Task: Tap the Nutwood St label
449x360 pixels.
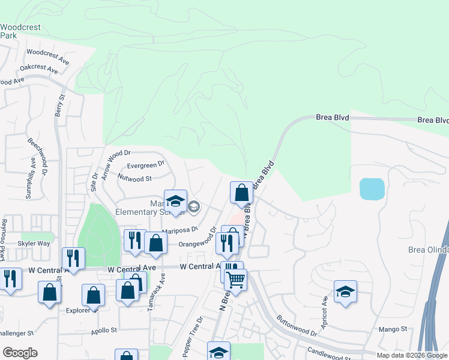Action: (135, 178)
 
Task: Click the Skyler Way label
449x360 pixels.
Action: (34, 244)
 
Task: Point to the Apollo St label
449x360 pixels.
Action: (104, 330)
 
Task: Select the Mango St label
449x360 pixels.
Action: (393, 329)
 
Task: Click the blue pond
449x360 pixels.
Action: (372, 189)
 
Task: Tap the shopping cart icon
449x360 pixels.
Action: (235, 278)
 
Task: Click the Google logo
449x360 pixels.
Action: (20, 353)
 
